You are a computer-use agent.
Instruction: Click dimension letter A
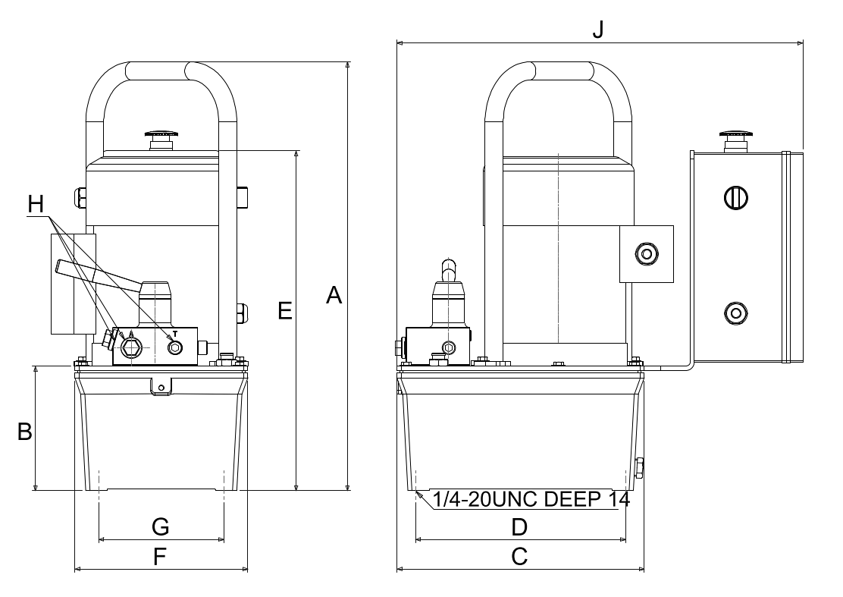(334, 295)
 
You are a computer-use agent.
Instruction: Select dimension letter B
(25, 432)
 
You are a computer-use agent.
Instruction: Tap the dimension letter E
(285, 311)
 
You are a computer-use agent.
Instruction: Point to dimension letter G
(161, 526)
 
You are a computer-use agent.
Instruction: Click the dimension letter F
(160, 558)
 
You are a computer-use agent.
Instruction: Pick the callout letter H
(36, 204)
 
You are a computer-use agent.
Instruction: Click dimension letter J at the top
(598, 30)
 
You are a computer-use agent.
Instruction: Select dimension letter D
(519, 527)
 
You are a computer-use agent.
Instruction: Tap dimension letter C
(519, 557)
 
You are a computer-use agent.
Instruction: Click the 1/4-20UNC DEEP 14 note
(531, 499)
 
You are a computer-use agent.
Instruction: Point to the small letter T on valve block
(175, 334)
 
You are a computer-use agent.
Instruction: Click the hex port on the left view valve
(130, 347)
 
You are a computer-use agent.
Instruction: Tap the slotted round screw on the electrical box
(735, 198)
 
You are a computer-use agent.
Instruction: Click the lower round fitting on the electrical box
(735, 313)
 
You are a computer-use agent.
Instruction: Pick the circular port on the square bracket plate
(646, 253)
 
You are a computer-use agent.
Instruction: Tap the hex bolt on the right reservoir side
(640, 468)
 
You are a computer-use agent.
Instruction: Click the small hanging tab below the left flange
(160, 387)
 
